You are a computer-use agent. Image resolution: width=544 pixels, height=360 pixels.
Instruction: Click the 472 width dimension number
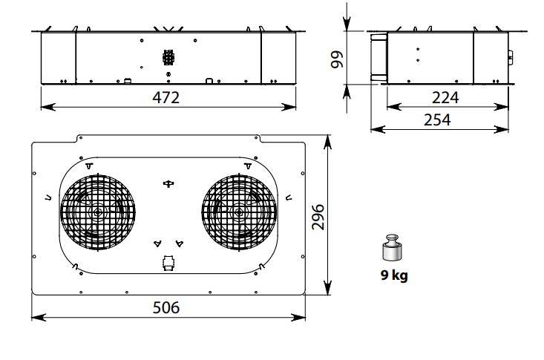pyautogui.click(x=166, y=97)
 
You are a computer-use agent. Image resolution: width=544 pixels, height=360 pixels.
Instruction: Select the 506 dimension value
pyautogui.click(x=166, y=307)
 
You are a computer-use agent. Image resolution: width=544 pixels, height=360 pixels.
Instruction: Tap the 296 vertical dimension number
pyautogui.click(x=318, y=217)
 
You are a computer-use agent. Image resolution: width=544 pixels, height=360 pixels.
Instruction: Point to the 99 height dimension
pyautogui.click(x=336, y=59)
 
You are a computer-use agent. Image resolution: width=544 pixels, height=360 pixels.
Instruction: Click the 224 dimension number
pyautogui.click(x=445, y=97)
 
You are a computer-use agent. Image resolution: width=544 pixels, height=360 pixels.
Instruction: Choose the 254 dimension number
pyautogui.click(x=437, y=120)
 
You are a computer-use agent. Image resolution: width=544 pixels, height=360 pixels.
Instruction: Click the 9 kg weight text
pyautogui.click(x=394, y=275)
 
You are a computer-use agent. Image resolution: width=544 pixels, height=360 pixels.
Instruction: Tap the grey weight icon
pyautogui.click(x=393, y=247)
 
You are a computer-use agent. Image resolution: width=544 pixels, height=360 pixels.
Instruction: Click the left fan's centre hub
pyautogui.click(x=98, y=212)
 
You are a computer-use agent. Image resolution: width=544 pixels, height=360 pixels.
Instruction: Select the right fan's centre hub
pyautogui.click(x=239, y=212)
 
